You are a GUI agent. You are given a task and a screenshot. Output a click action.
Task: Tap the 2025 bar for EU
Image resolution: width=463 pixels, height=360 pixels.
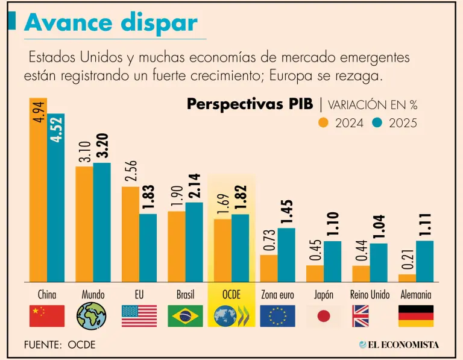coord(148,247)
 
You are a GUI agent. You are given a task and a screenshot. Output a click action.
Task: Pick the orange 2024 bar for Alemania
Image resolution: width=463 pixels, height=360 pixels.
coord(407,277)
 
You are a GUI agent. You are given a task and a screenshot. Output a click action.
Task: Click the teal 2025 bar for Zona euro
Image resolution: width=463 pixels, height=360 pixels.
coord(286,254)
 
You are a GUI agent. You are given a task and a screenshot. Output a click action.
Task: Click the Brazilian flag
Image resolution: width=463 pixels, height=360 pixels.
coord(185,315)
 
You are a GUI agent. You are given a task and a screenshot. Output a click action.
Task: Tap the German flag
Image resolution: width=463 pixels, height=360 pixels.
coord(416,315)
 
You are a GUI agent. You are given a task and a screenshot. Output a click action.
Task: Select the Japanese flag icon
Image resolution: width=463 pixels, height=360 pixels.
coord(324,315)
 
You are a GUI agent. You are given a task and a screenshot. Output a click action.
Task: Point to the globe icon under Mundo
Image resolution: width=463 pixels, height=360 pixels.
coord(92,315)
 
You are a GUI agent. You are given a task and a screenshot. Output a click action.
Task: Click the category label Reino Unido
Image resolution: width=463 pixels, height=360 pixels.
coord(370,295)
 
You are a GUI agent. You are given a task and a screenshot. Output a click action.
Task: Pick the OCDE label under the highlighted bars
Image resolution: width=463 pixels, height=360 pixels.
coord(231,295)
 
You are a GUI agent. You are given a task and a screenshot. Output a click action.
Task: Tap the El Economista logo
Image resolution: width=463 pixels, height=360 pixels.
coord(398,344)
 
